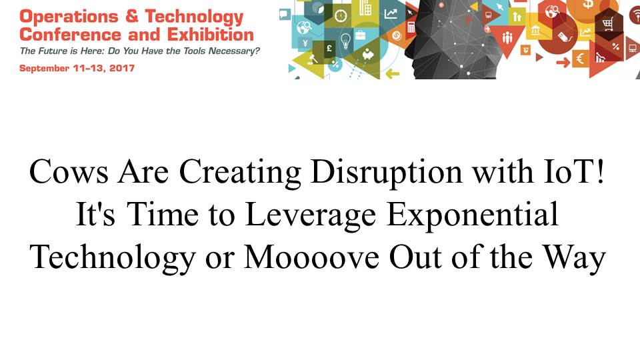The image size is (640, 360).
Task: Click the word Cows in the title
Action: pos(69,172)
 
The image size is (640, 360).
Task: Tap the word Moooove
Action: pos(311,257)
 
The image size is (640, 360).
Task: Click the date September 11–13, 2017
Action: pos(77,68)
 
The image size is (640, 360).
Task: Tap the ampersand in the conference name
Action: pos(132,16)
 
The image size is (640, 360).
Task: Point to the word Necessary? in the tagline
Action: pos(234,51)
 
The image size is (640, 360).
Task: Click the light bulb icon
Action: pos(345,41)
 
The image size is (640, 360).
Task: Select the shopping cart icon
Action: pos(607,25)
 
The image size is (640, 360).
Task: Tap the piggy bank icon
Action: pos(368,54)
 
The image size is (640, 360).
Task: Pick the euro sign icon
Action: pos(579,59)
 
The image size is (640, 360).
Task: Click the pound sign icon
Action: pos(329,49)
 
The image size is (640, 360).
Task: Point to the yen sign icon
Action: pos(305,43)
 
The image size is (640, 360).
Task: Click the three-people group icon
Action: pos(507,38)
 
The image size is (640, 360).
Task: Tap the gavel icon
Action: pos(313,59)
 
